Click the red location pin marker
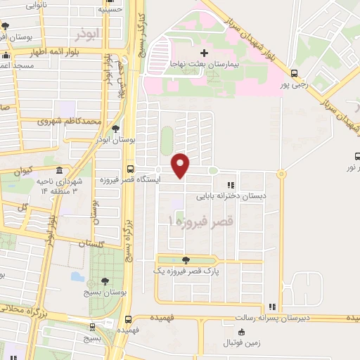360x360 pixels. pos(181,165)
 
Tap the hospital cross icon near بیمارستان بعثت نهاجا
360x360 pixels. pos(204,53)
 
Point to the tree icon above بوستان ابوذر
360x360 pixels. pos(115,128)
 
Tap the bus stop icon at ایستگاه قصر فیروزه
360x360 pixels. pos(130,169)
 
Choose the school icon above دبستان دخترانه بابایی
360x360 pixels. pos(230,185)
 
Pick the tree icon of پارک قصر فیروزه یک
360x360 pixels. pos(185,259)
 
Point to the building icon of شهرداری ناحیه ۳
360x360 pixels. pos(59,172)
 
